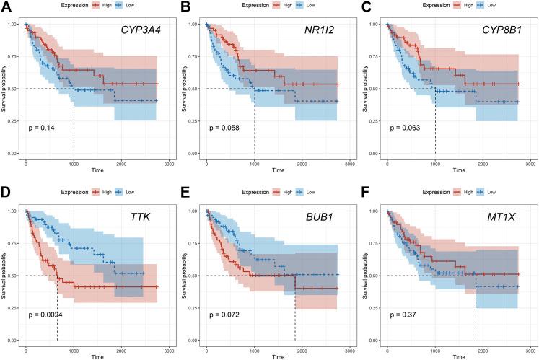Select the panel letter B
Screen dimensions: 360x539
click(185, 6)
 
